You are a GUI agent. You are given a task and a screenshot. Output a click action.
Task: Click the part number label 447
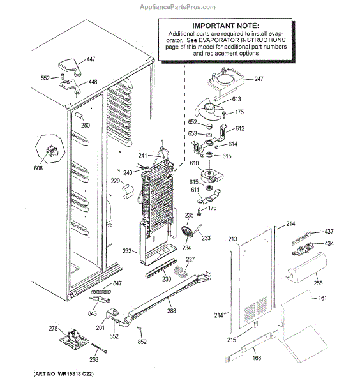(x=91, y=59)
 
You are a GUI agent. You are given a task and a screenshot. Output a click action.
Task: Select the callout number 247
(x=259, y=79)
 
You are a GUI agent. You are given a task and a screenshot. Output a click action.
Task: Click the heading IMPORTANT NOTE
(x=225, y=26)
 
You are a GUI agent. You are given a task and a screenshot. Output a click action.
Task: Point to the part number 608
(x=38, y=168)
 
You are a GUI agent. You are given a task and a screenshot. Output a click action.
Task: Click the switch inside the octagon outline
(x=52, y=151)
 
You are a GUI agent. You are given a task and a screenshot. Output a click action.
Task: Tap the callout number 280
(x=86, y=125)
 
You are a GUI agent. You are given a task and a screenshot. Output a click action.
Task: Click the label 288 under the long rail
(x=172, y=310)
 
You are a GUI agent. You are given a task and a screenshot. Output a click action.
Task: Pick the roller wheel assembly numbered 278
(x=74, y=338)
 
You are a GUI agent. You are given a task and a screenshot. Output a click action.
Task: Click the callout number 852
(x=142, y=342)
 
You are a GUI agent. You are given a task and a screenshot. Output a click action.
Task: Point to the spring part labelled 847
(x=101, y=292)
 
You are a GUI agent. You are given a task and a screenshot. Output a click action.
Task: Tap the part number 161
(x=322, y=298)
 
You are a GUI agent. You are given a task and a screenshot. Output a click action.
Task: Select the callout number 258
(x=318, y=283)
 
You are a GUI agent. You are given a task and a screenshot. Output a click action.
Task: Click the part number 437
(x=329, y=231)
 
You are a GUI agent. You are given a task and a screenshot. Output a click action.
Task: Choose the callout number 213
(x=232, y=239)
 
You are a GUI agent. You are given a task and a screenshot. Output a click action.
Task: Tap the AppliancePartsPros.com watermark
(x=177, y=7)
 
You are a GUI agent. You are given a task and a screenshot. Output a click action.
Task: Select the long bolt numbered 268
(x=99, y=348)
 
